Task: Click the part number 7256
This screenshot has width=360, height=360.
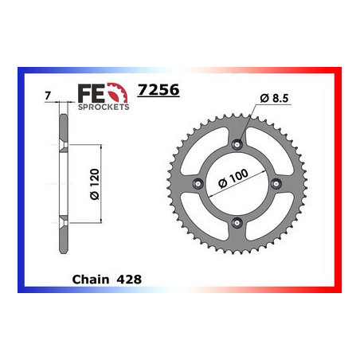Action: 158,90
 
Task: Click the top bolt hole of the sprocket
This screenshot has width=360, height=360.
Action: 238,146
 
